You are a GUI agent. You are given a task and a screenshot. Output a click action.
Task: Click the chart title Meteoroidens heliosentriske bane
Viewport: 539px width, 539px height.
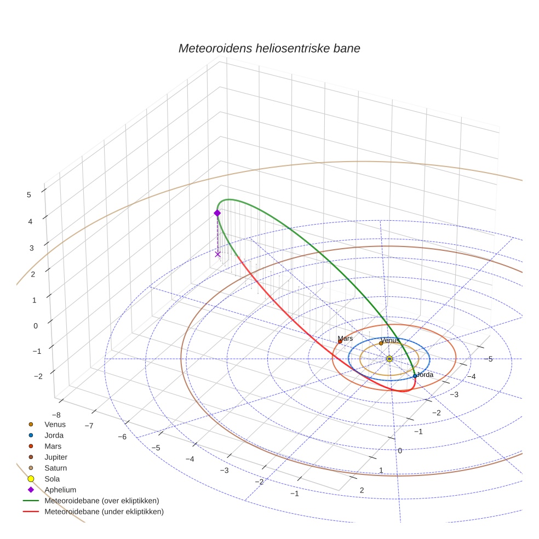269,48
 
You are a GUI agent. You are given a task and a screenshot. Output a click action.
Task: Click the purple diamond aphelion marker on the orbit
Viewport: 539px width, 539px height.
217,213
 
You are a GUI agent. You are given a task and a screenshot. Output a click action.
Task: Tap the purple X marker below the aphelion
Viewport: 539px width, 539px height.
217,254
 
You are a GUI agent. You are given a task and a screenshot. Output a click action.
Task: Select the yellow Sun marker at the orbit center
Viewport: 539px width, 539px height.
389,359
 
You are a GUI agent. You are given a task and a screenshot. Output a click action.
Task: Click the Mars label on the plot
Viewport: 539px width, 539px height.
345,339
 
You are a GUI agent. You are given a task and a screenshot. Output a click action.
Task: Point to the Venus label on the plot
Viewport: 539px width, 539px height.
390,340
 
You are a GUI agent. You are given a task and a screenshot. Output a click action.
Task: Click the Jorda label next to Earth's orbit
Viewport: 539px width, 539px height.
425,375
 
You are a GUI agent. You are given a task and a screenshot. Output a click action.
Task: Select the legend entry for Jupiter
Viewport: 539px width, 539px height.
56,457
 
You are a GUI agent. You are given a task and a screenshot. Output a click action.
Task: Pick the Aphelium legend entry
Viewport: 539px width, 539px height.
60,490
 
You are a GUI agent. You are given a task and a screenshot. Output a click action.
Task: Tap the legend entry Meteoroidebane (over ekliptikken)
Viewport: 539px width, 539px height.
102,501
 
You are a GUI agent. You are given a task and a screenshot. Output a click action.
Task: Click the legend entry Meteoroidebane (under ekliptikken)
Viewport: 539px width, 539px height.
104,512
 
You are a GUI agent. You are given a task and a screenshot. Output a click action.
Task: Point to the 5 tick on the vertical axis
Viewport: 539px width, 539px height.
28,194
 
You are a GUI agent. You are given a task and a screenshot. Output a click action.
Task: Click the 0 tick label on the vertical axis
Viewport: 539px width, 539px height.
36,325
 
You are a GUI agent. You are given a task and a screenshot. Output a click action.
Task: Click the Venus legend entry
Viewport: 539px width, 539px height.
55,424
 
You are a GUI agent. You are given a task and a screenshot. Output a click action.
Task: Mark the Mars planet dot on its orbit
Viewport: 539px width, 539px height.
340,342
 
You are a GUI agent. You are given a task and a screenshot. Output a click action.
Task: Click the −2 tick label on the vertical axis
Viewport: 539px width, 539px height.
38,376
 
